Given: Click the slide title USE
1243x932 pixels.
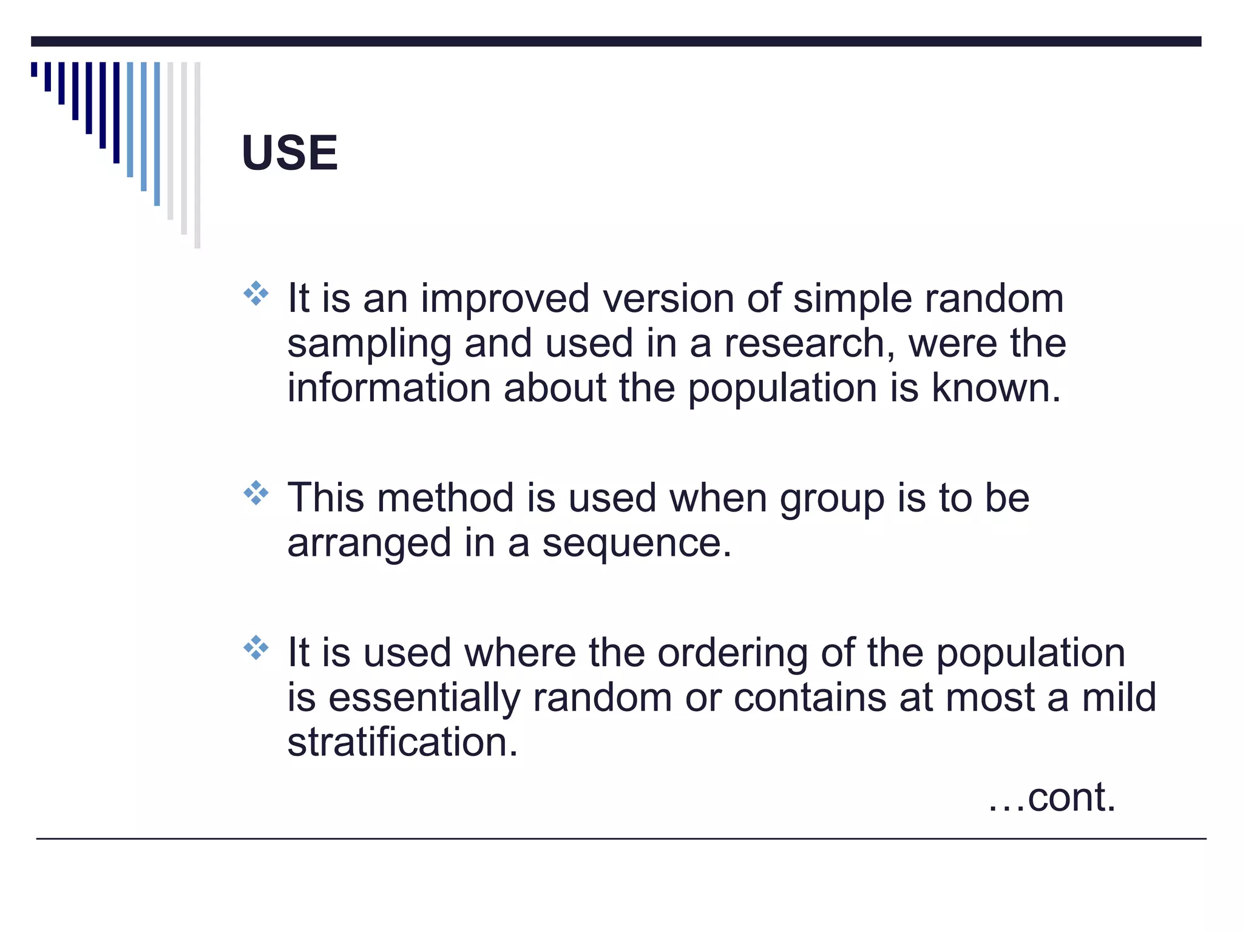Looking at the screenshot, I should pyautogui.click(x=290, y=153).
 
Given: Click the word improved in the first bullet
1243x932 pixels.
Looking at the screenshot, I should pyautogui.click(x=505, y=299).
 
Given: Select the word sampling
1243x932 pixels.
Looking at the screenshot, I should pyautogui.click(x=369, y=345).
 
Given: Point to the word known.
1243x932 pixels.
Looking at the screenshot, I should pyautogui.click(x=995, y=388).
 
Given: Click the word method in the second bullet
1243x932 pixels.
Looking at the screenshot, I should pyautogui.click(x=445, y=498).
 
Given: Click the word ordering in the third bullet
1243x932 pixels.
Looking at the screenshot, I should pyautogui.click(x=733, y=654).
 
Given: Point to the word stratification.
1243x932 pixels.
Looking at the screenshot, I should pyautogui.click(x=402, y=743).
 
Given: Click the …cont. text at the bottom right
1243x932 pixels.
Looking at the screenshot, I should pyautogui.click(x=1052, y=797).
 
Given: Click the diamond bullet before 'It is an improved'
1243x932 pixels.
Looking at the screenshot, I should pyautogui.click(x=256, y=294).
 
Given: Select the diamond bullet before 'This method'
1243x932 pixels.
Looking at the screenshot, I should pyautogui.click(x=256, y=493).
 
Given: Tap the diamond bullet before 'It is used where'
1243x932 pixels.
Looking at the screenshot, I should pyautogui.click(x=256, y=648).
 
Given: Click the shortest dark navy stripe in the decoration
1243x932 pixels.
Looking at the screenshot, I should pyautogui.click(x=34, y=69).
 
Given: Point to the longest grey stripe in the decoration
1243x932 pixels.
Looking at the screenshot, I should pyautogui.click(x=197, y=155).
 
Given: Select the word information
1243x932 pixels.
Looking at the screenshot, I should pyautogui.click(x=388, y=388).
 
